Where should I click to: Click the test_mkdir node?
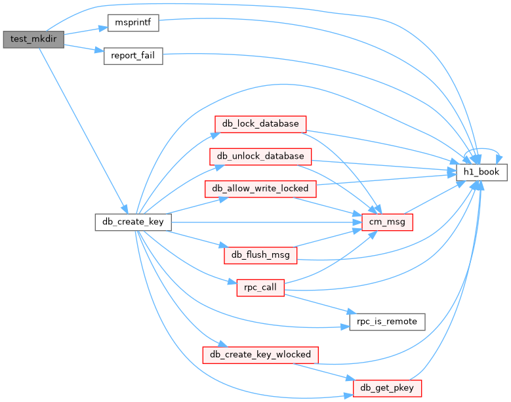[33, 39]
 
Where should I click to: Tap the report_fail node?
[133, 56]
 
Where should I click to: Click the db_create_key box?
[133, 222]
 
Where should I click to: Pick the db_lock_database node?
[260, 123]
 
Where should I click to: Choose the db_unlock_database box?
[260, 156]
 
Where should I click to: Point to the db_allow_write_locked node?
[261, 189]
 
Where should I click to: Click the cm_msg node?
[388, 222]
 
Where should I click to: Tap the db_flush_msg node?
[260, 255]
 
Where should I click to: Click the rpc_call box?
[260, 288]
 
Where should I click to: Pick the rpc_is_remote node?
[387, 321]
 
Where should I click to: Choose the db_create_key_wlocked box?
[260, 355]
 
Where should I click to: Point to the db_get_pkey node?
[388, 388]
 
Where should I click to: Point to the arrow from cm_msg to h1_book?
[435, 197]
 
